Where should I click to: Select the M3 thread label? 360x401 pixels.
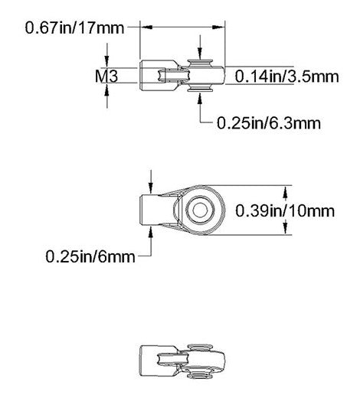106,76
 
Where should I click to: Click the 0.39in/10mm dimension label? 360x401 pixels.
286,210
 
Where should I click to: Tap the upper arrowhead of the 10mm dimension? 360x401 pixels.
284,189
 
